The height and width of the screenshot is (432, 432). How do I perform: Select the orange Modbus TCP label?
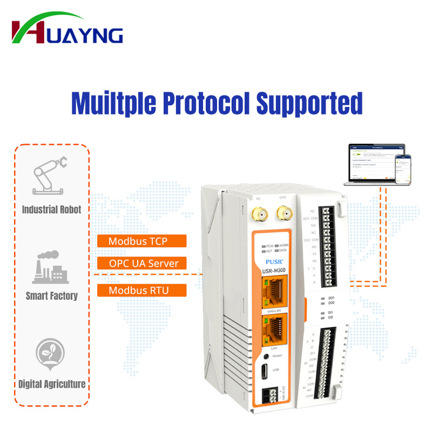(x=141, y=241)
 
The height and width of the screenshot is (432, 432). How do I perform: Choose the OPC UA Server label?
(x=141, y=264)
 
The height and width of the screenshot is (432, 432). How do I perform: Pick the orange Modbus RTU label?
(x=141, y=291)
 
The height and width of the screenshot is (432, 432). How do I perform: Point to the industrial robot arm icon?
(x=50, y=173)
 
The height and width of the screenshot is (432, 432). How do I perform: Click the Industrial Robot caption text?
(x=52, y=210)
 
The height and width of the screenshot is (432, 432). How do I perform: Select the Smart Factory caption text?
(x=52, y=296)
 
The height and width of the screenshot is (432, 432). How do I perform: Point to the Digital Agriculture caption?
(x=52, y=384)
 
